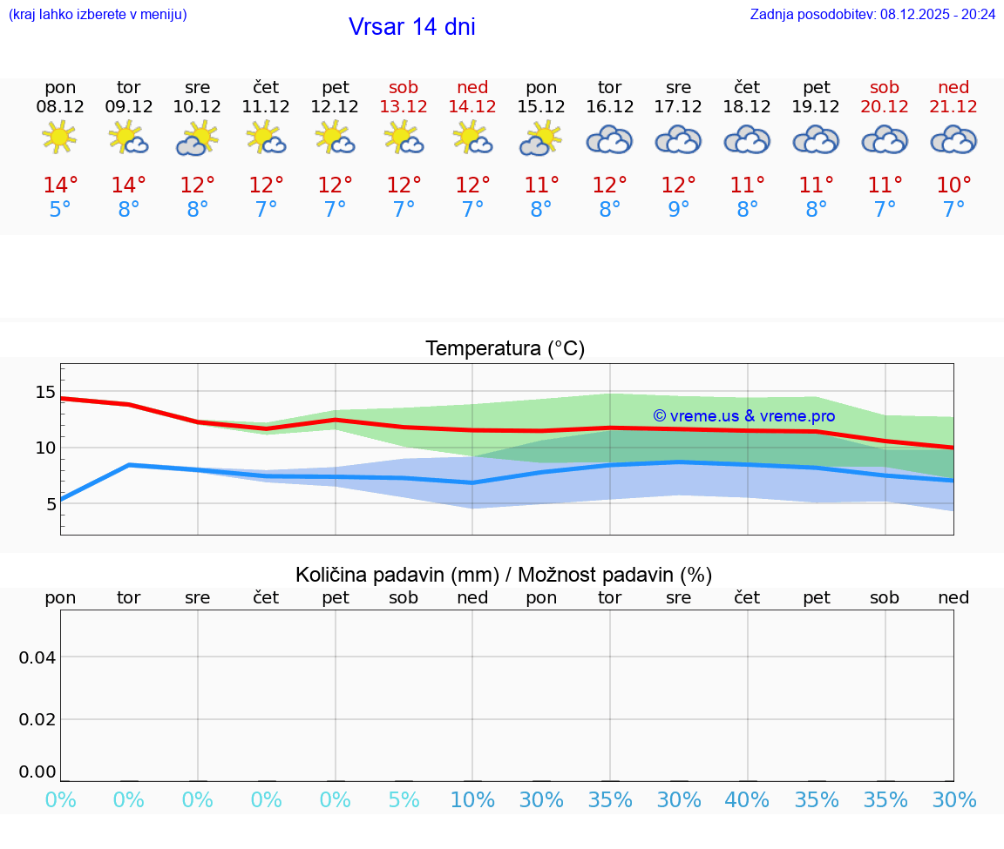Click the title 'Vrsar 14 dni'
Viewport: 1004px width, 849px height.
point(411,27)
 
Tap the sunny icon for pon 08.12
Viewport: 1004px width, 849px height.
point(59,138)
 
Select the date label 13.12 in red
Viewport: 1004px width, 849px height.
point(404,107)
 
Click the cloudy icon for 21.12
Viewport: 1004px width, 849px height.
point(953,139)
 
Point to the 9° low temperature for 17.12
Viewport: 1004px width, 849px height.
point(678,209)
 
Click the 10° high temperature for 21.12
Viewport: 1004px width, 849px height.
point(953,185)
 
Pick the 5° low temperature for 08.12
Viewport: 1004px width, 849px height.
point(60,209)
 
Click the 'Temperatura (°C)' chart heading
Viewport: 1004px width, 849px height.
point(505,349)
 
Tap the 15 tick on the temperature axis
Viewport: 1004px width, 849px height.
point(45,392)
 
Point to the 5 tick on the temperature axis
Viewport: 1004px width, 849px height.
point(51,503)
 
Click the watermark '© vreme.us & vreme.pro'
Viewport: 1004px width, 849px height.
point(743,416)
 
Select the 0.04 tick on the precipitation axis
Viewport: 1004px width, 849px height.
point(37,657)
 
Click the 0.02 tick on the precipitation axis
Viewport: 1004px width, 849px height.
point(37,718)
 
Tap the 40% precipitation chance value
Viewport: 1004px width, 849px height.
point(747,799)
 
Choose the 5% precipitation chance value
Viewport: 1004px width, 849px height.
point(404,799)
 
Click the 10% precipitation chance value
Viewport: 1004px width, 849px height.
point(472,799)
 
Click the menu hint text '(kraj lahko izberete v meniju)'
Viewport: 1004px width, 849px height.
point(98,14)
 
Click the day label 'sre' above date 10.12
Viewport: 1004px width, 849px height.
point(198,87)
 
